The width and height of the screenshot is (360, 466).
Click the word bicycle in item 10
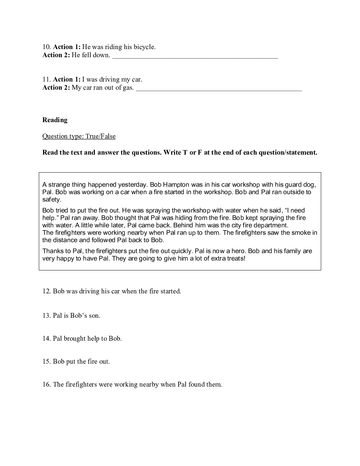144,47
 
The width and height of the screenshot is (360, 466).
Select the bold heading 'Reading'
55,120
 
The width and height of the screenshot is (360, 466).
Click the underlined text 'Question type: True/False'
79,136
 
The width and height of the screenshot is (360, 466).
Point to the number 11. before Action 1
47,79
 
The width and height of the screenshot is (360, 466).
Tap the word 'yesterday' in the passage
133,185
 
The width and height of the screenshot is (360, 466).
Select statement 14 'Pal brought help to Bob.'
82,339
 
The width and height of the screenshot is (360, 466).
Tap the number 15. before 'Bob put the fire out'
47,362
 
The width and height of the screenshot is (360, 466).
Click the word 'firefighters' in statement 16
81,384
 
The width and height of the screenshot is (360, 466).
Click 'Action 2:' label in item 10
56,55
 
